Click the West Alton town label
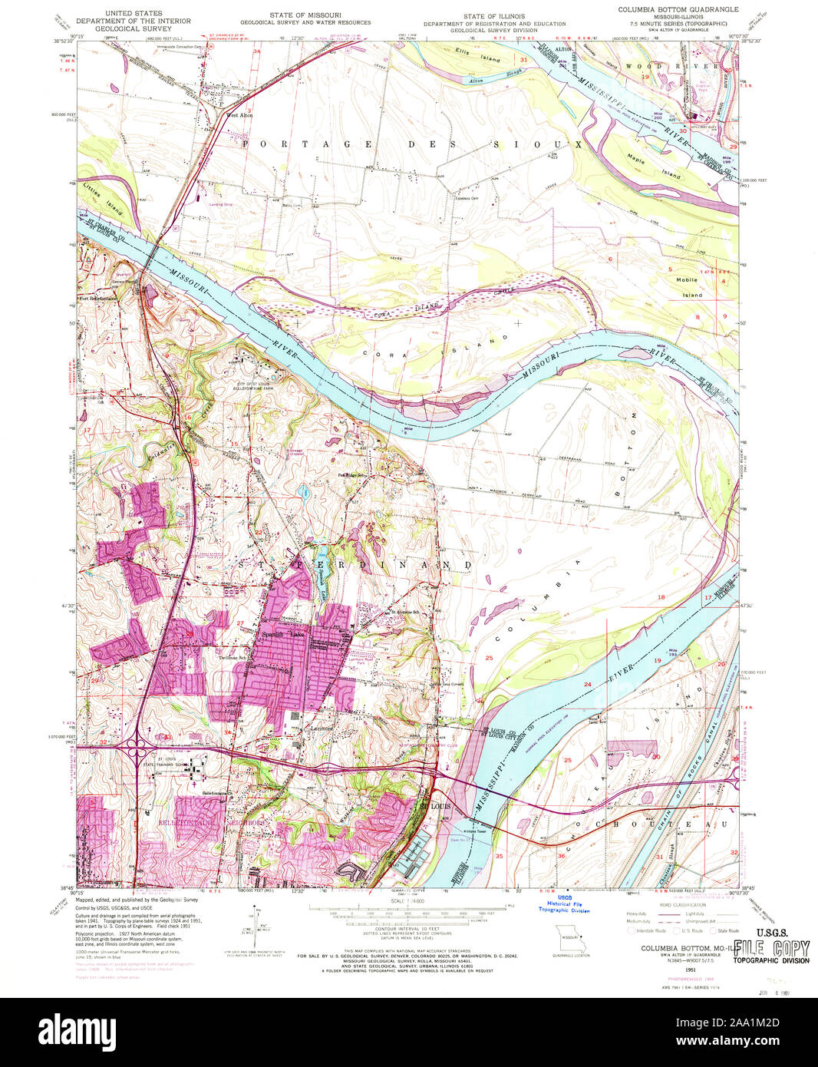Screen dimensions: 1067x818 click(239, 115)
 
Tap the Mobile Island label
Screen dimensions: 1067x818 click(688, 287)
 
